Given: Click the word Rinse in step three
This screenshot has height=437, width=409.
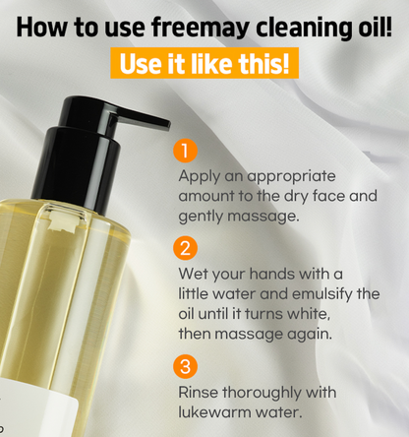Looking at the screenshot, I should click(201, 392).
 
